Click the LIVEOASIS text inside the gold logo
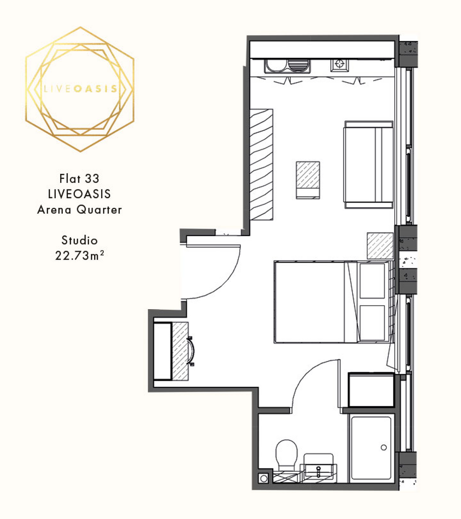click(x=80, y=89)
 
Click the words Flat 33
click(x=79, y=179)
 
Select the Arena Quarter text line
click(x=79, y=209)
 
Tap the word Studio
click(x=79, y=240)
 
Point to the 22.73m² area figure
click(x=79, y=255)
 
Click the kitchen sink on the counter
click(x=287, y=66)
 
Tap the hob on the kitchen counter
click(x=339, y=64)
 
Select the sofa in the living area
click(x=368, y=165)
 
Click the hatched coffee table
click(x=308, y=180)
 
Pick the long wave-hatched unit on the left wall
click(x=262, y=165)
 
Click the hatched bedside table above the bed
click(x=380, y=246)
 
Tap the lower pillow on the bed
click(x=372, y=323)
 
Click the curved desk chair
click(x=192, y=351)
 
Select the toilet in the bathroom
click(x=286, y=455)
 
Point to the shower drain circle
click(x=384, y=448)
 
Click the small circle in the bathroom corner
click(x=264, y=478)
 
